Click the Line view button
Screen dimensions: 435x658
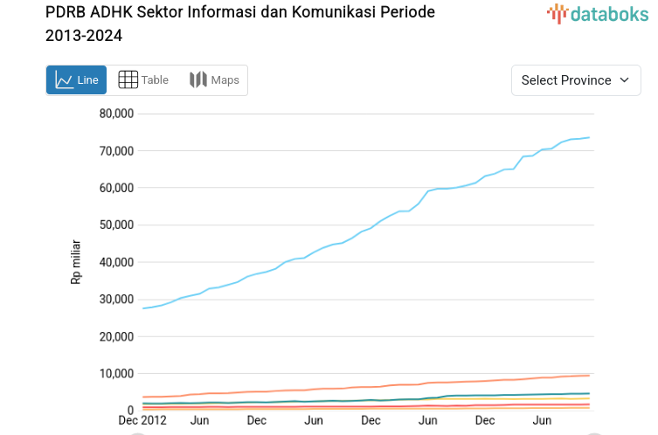click(x=76, y=80)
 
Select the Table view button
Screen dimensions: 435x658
click(x=143, y=80)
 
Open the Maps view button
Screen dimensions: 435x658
click(x=214, y=80)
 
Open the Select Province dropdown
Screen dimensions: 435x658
click(x=576, y=80)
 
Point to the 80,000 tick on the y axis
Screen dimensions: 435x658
click(x=116, y=114)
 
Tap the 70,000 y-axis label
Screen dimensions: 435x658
click(x=116, y=151)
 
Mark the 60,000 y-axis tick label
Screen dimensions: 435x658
click(x=116, y=188)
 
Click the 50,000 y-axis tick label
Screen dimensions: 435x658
click(x=116, y=225)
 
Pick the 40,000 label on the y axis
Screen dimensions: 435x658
click(x=116, y=262)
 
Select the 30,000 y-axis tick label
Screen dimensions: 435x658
click(x=116, y=300)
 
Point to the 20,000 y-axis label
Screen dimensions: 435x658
click(x=116, y=336)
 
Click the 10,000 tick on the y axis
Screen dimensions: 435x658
click(x=116, y=374)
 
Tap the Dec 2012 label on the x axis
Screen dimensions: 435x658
click(x=142, y=420)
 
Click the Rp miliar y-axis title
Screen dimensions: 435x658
click(x=77, y=262)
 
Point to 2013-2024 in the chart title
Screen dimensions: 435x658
click(x=84, y=36)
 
